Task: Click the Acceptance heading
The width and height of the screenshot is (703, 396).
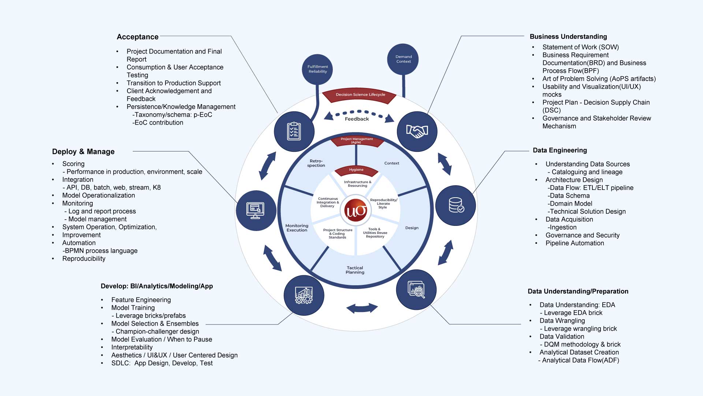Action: pyautogui.click(x=138, y=37)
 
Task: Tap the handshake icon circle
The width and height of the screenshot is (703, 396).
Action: pyautogui.click(x=417, y=131)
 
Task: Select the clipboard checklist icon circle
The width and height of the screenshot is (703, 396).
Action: pyautogui.click(x=294, y=131)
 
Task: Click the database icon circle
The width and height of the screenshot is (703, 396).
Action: pyautogui.click(x=456, y=205)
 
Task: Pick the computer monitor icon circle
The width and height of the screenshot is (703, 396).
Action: pyautogui.click(x=256, y=210)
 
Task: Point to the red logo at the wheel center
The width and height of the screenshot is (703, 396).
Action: pyautogui.click(x=356, y=211)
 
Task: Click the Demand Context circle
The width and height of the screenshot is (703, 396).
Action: pyautogui.click(x=403, y=59)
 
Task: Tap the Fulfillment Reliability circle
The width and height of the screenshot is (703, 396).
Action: pyautogui.click(x=317, y=69)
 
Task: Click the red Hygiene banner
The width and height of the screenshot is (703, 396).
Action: pyautogui.click(x=356, y=170)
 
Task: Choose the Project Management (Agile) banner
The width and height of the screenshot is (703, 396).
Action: pyautogui.click(x=357, y=141)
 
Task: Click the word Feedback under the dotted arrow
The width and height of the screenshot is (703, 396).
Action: pyautogui.click(x=357, y=119)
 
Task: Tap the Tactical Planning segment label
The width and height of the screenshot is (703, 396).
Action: pyautogui.click(x=355, y=270)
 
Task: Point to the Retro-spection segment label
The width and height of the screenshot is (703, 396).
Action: pyautogui.click(x=316, y=163)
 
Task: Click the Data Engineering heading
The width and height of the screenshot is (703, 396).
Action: pyautogui.click(x=560, y=150)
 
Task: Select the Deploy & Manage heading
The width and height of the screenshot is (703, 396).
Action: pyautogui.click(x=83, y=152)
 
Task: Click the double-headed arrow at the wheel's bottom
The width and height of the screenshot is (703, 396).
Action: pyautogui.click(x=362, y=308)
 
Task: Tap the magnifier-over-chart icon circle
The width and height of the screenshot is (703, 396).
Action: pyautogui.click(x=416, y=290)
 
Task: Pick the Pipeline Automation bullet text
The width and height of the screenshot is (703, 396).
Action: pyautogui.click(x=574, y=243)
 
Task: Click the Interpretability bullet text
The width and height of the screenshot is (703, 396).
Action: pyautogui.click(x=132, y=347)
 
